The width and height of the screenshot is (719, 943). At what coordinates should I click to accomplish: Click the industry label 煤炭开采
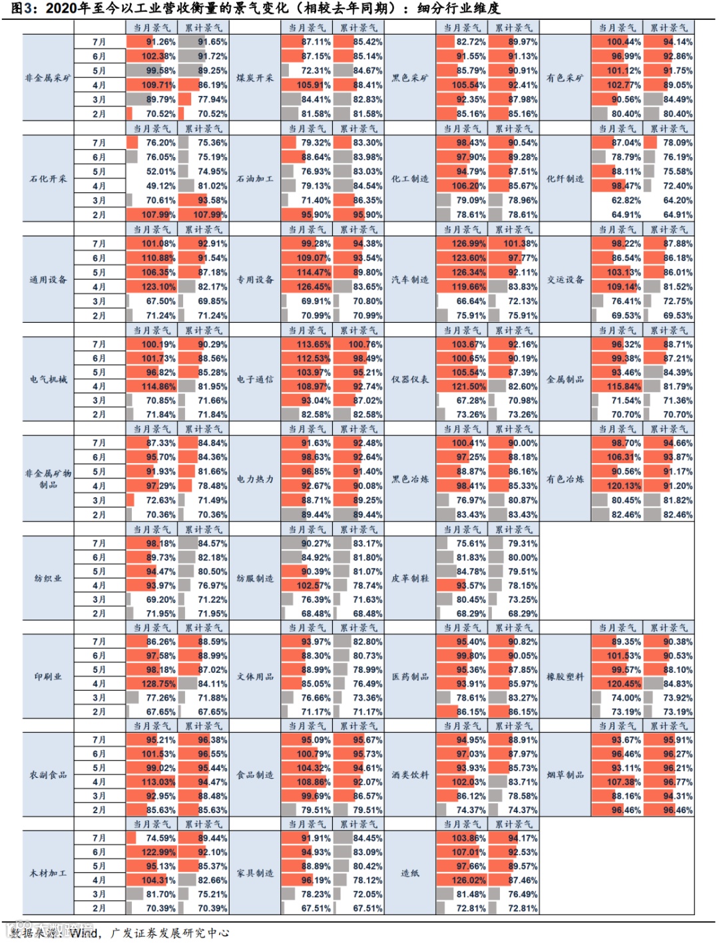(x=255, y=78)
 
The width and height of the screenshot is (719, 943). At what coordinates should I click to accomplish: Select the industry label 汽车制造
(x=410, y=280)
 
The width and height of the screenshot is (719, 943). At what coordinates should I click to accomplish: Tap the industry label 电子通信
(x=255, y=379)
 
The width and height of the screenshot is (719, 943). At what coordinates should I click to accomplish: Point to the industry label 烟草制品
(x=565, y=775)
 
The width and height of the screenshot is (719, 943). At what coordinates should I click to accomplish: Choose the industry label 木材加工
(x=48, y=873)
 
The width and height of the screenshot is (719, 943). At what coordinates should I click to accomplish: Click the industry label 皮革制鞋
(x=410, y=578)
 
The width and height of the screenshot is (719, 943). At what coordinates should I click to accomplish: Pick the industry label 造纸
(x=410, y=873)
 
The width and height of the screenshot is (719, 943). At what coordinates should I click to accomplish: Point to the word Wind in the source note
(x=83, y=932)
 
